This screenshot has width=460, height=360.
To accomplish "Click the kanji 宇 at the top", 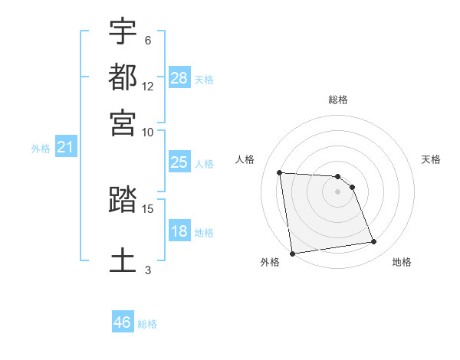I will click(x=123, y=32).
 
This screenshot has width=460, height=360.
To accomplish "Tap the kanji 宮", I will click(x=123, y=122).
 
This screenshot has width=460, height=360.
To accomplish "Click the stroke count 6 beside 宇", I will click(x=147, y=41).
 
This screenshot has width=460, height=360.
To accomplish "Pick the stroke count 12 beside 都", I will click(x=147, y=86).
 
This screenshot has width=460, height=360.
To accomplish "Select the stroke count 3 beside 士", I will click(x=147, y=269).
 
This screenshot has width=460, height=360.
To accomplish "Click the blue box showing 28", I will click(x=179, y=78).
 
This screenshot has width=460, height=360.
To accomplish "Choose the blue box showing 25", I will click(x=179, y=162).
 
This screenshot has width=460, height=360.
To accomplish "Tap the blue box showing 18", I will click(x=179, y=231).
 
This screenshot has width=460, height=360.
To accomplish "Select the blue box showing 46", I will click(x=122, y=322).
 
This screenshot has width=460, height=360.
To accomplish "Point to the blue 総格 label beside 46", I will click(x=147, y=324).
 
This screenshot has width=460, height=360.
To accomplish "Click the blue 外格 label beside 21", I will click(x=40, y=149).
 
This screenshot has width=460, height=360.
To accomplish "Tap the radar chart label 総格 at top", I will click(x=338, y=100).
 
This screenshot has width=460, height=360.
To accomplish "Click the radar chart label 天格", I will click(x=431, y=159).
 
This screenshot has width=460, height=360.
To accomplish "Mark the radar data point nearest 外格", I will click(x=292, y=254).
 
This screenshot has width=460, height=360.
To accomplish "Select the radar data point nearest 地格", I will click(x=374, y=242).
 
